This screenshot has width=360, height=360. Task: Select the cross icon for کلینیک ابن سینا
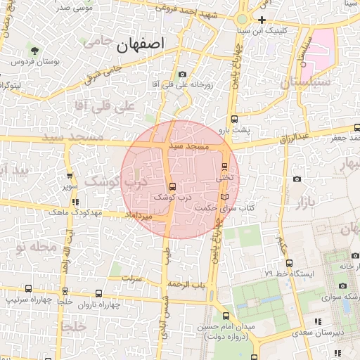click(x=262, y=20)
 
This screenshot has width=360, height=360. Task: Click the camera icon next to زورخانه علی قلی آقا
click(x=183, y=75)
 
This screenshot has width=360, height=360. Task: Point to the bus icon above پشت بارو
click(x=235, y=119)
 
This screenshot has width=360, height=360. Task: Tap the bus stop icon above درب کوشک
click(x=174, y=186)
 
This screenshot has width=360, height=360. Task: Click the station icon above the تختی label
click(x=224, y=167)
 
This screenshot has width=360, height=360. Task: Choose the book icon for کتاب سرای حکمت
click(x=225, y=197)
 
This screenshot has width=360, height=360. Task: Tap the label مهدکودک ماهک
click(x=77, y=212)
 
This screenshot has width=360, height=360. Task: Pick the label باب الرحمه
click(x=191, y=285)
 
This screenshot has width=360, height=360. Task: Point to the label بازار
click(x=300, y=203)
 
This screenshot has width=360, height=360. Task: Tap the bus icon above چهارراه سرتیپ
click(x=28, y=288)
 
